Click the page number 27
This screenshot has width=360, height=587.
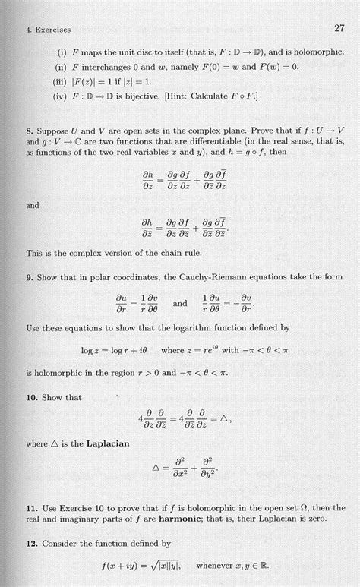[x=339, y=29]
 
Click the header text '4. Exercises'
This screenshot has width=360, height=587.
[x=48, y=30]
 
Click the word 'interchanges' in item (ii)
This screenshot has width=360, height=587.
[x=106, y=67]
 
